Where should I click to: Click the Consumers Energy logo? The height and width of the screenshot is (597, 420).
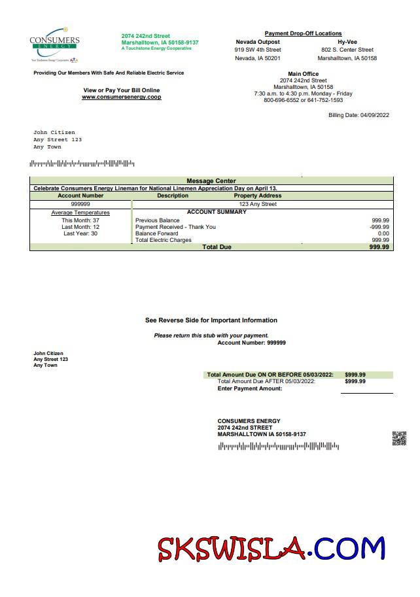click(x=54, y=44)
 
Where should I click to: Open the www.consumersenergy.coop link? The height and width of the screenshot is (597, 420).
click(x=121, y=97)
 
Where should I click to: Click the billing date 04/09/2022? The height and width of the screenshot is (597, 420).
click(x=359, y=115)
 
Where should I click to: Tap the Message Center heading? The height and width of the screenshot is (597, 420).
click(x=211, y=181)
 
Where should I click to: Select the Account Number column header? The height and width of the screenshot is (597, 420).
click(x=80, y=196)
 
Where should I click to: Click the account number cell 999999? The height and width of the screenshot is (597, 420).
click(x=80, y=204)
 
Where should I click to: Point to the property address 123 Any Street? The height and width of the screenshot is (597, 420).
click(x=258, y=204)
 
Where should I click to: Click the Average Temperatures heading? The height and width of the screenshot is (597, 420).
click(x=80, y=213)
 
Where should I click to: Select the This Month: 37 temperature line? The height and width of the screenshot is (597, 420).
click(x=80, y=220)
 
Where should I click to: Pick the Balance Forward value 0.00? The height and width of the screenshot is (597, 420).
click(x=383, y=233)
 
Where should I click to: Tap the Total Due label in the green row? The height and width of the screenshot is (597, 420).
click(x=217, y=247)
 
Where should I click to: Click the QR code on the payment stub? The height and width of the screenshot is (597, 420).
click(x=399, y=438)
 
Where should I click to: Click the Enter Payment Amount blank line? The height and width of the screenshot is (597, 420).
click(x=366, y=390)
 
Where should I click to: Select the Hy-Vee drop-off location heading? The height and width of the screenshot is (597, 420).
click(x=347, y=42)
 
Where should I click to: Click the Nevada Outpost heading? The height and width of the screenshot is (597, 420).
click(x=258, y=42)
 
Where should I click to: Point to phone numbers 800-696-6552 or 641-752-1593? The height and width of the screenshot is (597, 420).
click(x=303, y=101)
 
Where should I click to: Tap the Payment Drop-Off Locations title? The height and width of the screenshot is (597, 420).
click(x=303, y=33)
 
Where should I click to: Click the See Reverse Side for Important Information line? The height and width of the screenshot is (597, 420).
click(x=211, y=320)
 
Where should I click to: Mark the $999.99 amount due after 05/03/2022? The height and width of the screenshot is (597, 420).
click(x=355, y=381)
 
